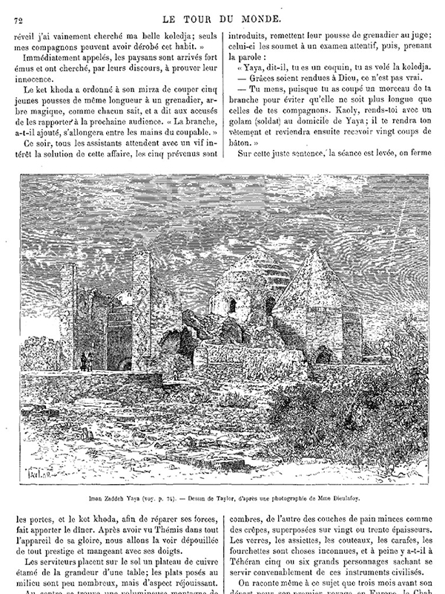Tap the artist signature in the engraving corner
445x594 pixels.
(37, 472)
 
